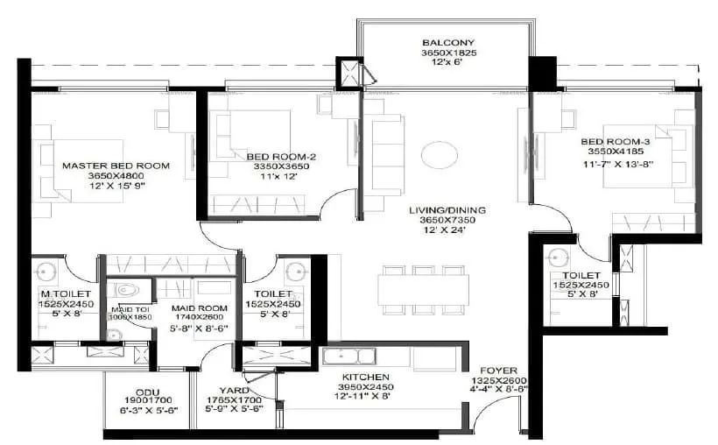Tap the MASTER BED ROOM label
[x=116, y=165]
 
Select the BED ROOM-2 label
[x=274, y=156]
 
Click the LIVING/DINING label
[x=447, y=210]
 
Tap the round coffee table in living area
[x=440, y=156]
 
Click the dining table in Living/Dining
[x=425, y=289]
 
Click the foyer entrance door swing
[x=495, y=412]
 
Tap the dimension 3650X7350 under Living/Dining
[x=447, y=221]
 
